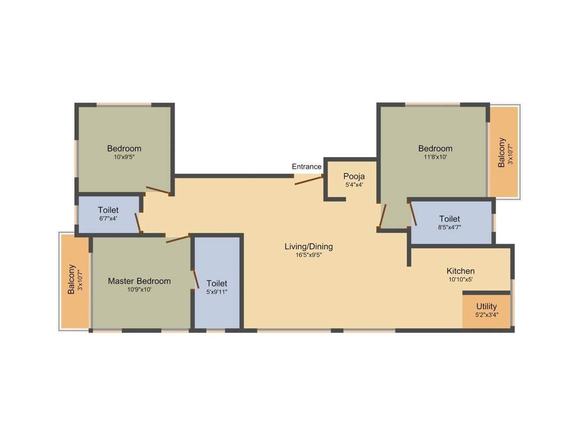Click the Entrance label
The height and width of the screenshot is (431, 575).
tap(307, 167)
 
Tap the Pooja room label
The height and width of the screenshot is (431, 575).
tap(354, 176)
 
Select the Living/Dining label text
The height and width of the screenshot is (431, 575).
tap(308, 246)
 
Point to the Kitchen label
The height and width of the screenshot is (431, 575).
tap(460, 271)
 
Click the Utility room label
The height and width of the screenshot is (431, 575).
tap(486, 306)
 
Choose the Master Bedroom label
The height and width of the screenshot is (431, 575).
tap(139, 281)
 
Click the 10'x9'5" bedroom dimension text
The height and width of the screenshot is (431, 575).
tap(124, 158)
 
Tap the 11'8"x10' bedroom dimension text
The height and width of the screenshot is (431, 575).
tap(435, 158)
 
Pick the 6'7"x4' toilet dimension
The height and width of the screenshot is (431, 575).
tap(108, 219)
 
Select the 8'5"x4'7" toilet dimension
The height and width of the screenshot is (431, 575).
tap(449, 227)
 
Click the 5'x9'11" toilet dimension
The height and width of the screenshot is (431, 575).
tap(217, 292)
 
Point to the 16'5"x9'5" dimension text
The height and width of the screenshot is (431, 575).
tap(308, 255)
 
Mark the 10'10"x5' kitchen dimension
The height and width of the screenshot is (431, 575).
tap(460, 279)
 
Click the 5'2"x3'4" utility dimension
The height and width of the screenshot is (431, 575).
tap(486, 315)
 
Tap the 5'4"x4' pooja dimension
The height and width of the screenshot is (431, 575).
tap(354, 185)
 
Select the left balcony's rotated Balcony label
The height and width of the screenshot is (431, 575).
tap(71, 279)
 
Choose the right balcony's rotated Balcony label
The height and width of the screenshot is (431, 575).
tap(502, 152)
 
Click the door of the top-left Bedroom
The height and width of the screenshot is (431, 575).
tap(158, 191)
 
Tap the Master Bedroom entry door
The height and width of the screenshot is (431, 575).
tap(178, 239)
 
